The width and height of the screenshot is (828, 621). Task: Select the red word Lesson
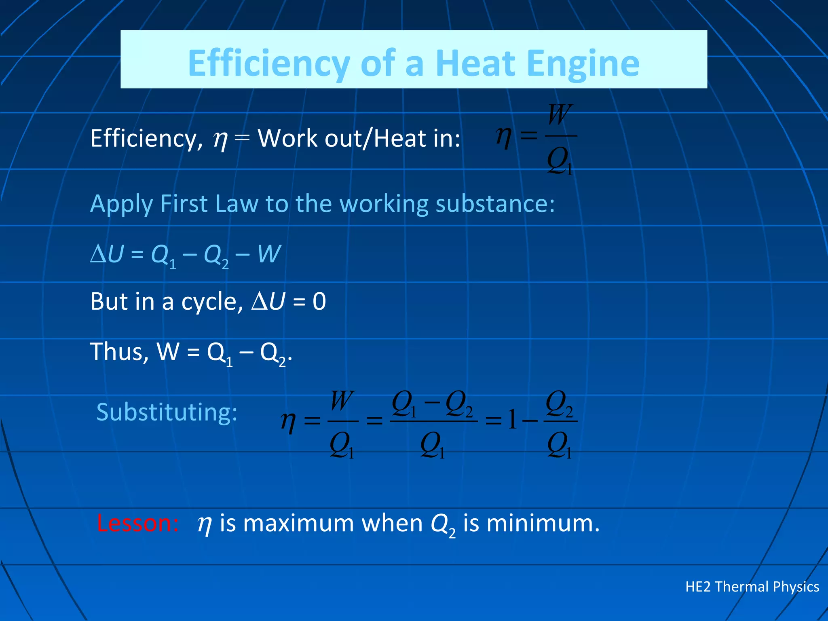point(137,523)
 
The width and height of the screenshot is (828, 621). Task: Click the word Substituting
point(167,412)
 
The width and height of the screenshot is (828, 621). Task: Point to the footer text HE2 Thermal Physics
point(752,586)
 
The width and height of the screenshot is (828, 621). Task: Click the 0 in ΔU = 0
point(319,302)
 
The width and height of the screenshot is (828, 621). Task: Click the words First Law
point(209,203)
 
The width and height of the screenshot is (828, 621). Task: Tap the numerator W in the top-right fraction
point(560,115)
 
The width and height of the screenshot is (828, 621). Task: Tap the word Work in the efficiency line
point(288,139)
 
